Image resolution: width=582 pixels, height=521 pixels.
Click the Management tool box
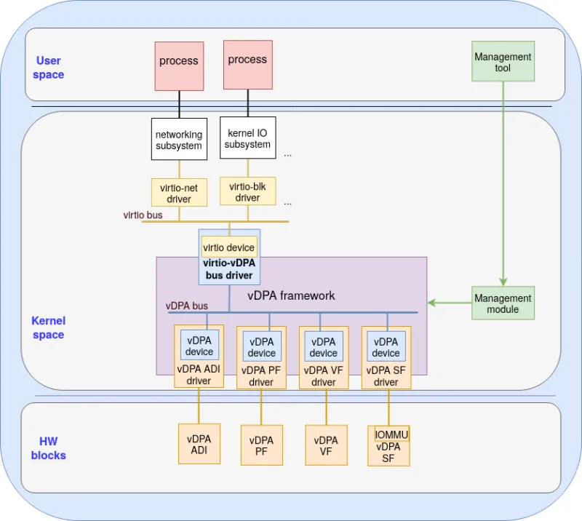[503, 62]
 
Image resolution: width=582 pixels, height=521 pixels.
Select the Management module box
[503, 303]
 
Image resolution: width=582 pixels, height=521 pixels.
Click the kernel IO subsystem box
[247, 138]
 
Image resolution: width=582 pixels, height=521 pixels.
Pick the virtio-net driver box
[179, 193]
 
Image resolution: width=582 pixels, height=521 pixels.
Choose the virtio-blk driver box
[247, 192]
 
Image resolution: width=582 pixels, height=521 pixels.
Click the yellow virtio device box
[228, 247]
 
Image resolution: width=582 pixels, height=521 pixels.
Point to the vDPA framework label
[291, 295]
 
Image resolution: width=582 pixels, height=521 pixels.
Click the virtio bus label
[143, 215]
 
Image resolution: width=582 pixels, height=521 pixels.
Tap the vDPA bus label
[187, 306]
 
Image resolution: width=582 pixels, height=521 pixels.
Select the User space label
[49, 68]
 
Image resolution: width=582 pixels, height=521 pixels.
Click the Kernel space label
[48, 327]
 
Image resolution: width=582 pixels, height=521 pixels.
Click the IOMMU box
[391, 434]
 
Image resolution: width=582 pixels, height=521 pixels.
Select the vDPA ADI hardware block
[199, 444]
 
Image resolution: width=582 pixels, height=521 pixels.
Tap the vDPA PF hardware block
[261, 445]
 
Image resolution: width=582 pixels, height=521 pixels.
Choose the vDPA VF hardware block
[326, 445]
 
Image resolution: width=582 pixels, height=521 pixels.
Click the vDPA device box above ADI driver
[199, 346]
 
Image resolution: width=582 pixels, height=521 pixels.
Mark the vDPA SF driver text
[386, 376]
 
